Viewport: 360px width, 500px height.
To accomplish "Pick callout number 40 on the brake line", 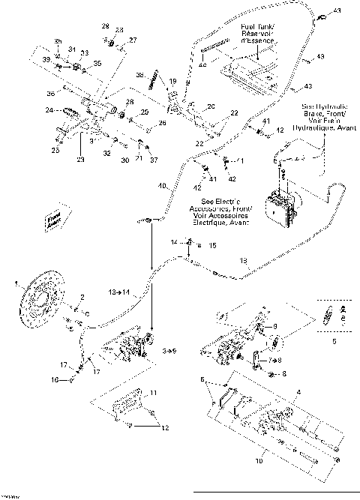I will pos(161,185).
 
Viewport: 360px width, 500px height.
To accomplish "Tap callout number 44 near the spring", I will pos(202,67).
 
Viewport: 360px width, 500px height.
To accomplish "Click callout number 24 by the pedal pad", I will pos(49,110).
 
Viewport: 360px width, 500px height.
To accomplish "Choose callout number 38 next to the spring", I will pos(139,75).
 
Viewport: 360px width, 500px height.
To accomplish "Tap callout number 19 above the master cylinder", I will pos(172,80).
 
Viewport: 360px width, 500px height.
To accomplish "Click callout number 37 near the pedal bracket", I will pos(154,160).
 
